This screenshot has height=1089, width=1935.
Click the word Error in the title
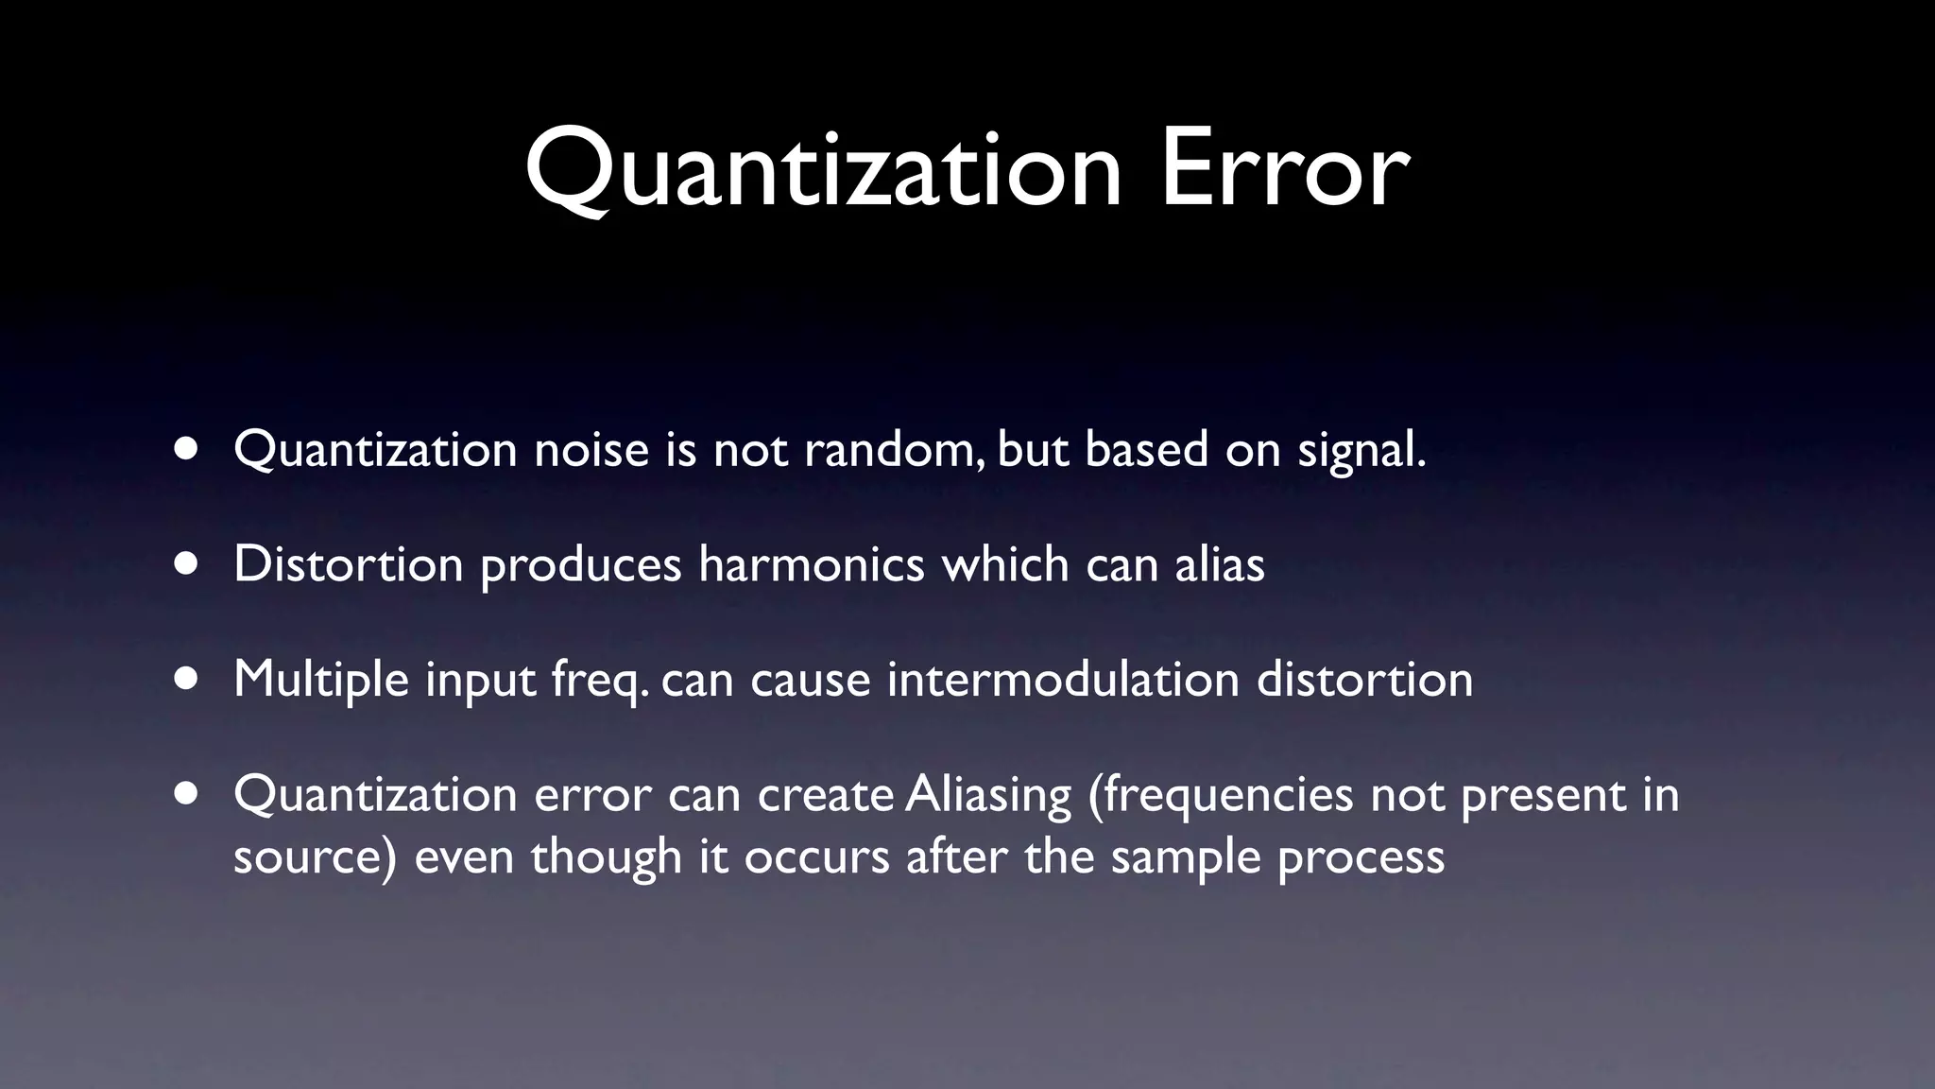pos(1285,170)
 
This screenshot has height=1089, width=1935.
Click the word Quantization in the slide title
pos(822,170)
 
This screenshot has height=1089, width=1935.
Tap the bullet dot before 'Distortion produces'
pos(186,564)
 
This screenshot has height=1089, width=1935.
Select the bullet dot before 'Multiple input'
pos(186,680)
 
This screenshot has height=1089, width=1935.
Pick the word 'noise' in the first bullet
pos(591,449)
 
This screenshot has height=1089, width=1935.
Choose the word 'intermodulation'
pos(1063,680)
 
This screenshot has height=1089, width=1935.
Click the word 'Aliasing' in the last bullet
pos(987,794)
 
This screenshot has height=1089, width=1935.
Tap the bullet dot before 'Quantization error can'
pos(186,795)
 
